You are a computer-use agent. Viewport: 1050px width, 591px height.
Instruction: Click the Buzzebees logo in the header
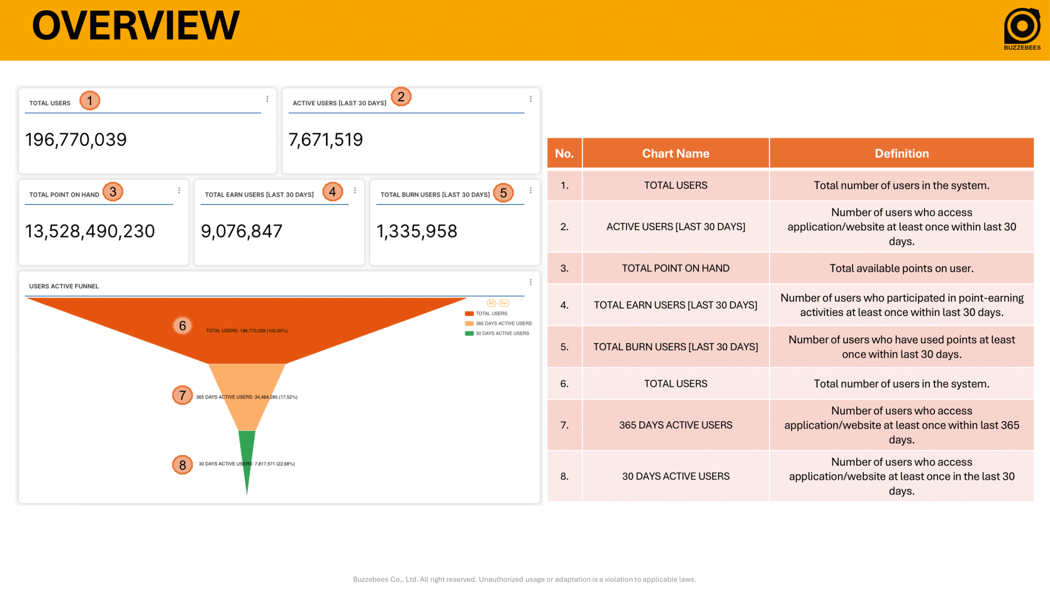click(x=1022, y=28)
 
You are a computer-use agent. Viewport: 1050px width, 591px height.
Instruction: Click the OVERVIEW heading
click(x=136, y=26)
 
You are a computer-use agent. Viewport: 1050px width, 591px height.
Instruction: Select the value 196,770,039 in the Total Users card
click(x=76, y=140)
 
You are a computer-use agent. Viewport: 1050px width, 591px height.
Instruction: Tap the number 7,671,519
click(x=326, y=140)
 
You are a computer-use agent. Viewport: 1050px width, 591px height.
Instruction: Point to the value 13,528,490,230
click(x=90, y=231)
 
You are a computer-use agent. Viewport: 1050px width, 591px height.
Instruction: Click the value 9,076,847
click(x=241, y=231)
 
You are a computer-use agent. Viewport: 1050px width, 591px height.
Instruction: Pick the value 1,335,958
click(x=417, y=231)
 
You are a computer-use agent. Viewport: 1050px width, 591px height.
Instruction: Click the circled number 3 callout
click(x=113, y=192)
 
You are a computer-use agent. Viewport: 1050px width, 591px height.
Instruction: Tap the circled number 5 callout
click(x=503, y=193)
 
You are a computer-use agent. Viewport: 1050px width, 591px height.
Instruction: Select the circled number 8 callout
click(x=183, y=465)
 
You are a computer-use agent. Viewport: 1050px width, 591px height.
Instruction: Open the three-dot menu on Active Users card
click(x=531, y=99)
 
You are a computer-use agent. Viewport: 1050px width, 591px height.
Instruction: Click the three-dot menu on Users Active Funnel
click(x=531, y=282)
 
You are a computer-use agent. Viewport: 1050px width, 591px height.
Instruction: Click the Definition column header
click(x=901, y=153)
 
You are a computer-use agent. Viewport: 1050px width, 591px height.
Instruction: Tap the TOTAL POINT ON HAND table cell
click(x=675, y=268)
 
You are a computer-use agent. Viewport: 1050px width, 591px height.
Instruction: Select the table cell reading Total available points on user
click(x=901, y=268)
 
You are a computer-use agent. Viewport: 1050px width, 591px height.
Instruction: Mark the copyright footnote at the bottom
click(x=524, y=579)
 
